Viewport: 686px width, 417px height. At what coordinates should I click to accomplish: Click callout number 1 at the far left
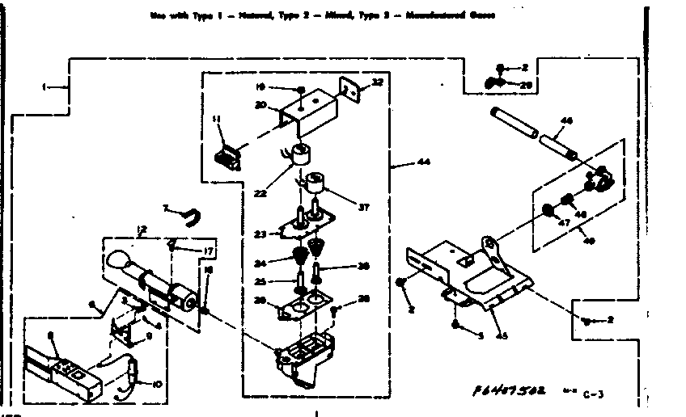[x=46, y=86]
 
